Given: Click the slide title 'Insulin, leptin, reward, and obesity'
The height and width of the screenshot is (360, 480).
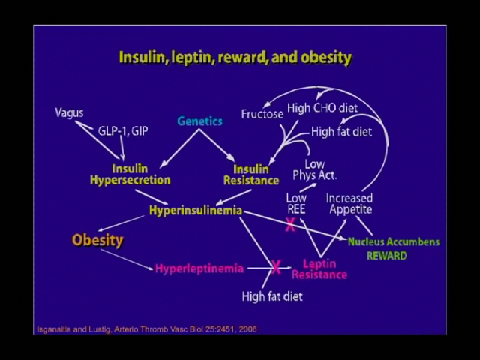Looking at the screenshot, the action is pos(235,58).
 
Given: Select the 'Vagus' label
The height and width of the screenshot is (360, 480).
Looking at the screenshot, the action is pos(69,113).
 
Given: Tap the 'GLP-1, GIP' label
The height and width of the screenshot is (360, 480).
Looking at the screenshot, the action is pos(123,131).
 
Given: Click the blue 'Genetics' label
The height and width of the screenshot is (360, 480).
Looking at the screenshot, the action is pos(200,121).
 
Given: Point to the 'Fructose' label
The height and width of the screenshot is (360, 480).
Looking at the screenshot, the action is pos(262,114).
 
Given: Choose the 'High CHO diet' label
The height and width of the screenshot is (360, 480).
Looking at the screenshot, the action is pos(322,108).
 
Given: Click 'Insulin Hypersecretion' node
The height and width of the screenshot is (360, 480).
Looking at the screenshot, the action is pos(130,175).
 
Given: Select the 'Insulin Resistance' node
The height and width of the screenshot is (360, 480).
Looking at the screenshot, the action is pos(251,175).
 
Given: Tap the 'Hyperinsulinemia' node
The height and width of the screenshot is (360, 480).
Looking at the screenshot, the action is pos(196,210).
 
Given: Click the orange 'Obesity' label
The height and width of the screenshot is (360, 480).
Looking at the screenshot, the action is pos(97,240).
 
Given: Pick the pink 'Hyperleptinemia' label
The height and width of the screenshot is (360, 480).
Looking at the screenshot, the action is pos(199,268).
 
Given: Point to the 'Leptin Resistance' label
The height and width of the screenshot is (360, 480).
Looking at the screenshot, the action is pos(319,268).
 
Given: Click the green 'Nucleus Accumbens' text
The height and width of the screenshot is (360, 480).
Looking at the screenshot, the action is pos(394,241).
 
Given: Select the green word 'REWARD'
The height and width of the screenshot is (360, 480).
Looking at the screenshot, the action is pos(387,256).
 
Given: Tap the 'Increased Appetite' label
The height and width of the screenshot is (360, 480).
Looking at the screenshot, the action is pos(349,204).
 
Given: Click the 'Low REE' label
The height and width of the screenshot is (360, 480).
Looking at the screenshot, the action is pos(296,204).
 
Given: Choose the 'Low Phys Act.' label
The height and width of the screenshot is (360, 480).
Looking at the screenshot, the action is pos(315,170).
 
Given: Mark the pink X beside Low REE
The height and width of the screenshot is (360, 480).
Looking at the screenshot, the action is pos(290,225).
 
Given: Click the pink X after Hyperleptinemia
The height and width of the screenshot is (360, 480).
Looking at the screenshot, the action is pos(276,267).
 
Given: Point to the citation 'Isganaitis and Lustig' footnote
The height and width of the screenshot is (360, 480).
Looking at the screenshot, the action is pos(147,329).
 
